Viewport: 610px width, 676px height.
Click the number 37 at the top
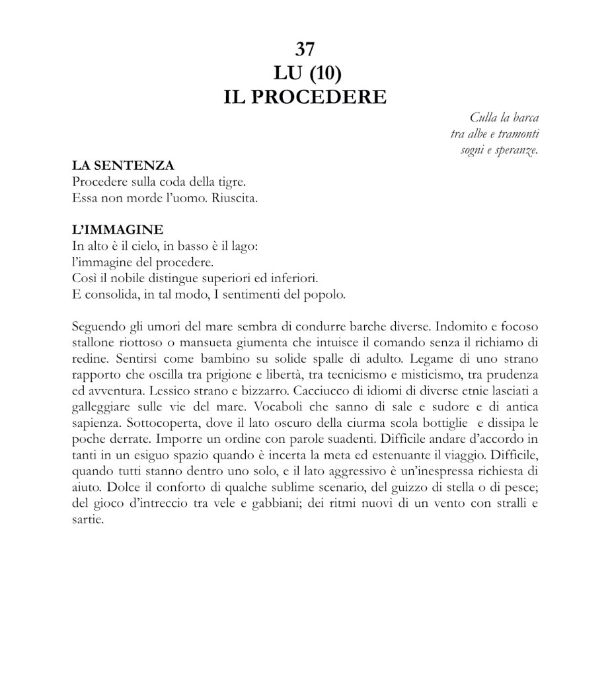point(305,49)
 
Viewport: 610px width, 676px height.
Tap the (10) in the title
point(323,73)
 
